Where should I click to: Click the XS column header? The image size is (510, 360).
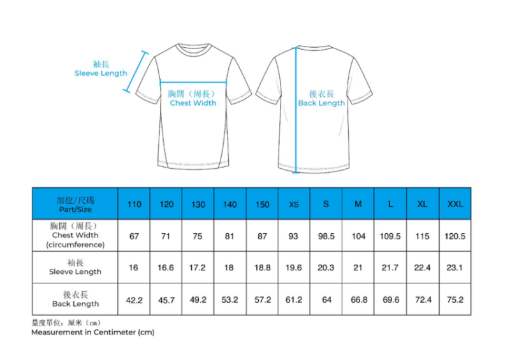294,204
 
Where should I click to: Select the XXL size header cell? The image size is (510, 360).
455,204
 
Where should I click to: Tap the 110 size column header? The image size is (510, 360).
134,204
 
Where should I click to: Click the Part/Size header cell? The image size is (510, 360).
75,204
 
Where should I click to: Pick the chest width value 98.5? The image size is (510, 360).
326,236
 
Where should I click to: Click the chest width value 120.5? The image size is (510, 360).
455,236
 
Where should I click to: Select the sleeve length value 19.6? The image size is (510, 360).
294,268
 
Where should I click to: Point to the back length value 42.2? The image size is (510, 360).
134,299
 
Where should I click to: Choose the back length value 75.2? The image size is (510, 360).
455,299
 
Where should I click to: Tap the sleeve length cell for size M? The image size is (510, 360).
358,268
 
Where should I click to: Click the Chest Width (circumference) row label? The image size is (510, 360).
75,235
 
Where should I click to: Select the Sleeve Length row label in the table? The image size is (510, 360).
75,268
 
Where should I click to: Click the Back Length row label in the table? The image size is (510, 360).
75,299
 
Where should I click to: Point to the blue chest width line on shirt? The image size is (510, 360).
194,82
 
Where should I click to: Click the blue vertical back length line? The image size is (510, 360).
295,127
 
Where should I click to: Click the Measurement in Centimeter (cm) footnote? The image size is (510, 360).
92,332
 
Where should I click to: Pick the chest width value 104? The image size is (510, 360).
358,236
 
